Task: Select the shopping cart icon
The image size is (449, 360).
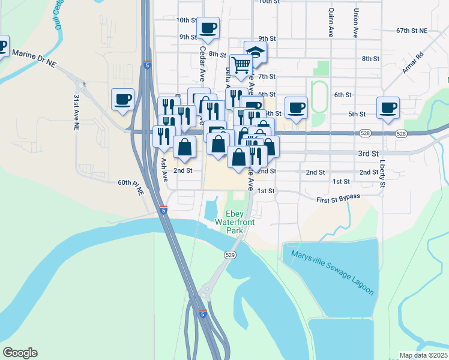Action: (x=241, y=64)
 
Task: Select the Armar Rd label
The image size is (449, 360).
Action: (x=413, y=62)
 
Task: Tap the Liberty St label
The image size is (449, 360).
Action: (x=382, y=173)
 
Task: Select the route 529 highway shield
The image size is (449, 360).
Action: (x=230, y=255)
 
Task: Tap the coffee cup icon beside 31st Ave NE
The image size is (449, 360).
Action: (x=123, y=98)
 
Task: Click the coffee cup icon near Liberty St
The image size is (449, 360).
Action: (x=388, y=107)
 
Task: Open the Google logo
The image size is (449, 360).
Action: (x=20, y=353)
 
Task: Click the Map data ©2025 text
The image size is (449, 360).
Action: (x=423, y=355)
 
